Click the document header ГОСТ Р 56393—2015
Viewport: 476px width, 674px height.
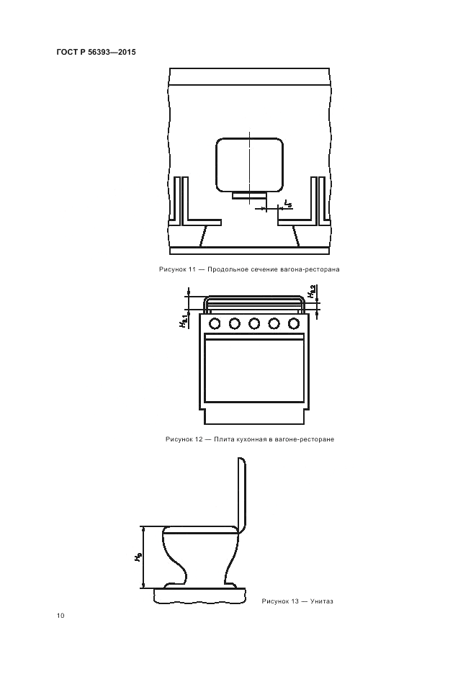point(96,53)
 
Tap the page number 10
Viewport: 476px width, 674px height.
point(60,616)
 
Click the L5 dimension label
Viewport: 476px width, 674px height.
point(288,203)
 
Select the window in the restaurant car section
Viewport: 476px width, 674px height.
point(249,165)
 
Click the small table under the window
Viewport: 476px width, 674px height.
point(249,196)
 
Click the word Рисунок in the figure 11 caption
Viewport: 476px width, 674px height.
point(171,269)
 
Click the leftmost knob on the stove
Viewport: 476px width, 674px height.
point(214,323)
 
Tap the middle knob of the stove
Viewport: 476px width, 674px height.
point(254,323)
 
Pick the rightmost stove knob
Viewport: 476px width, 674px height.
point(294,323)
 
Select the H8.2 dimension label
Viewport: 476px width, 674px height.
point(311,292)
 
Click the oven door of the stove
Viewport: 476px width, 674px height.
point(254,367)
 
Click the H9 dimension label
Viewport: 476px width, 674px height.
point(137,557)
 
